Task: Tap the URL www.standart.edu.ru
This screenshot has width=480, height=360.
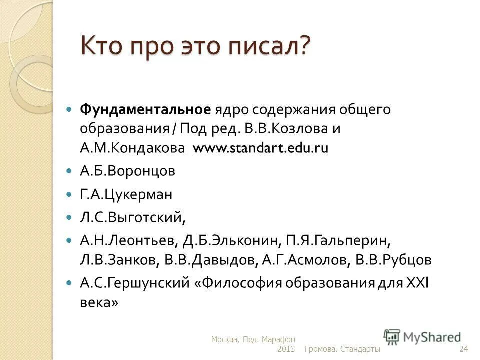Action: (260, 148)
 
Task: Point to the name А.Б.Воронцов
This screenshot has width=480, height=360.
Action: (127, 171)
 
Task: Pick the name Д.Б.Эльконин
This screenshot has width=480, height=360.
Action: (231, 240)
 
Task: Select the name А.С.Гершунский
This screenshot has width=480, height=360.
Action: (131, 283)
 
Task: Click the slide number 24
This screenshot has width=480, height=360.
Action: (463, 348)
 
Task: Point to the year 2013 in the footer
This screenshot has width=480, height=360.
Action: (286, 348)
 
